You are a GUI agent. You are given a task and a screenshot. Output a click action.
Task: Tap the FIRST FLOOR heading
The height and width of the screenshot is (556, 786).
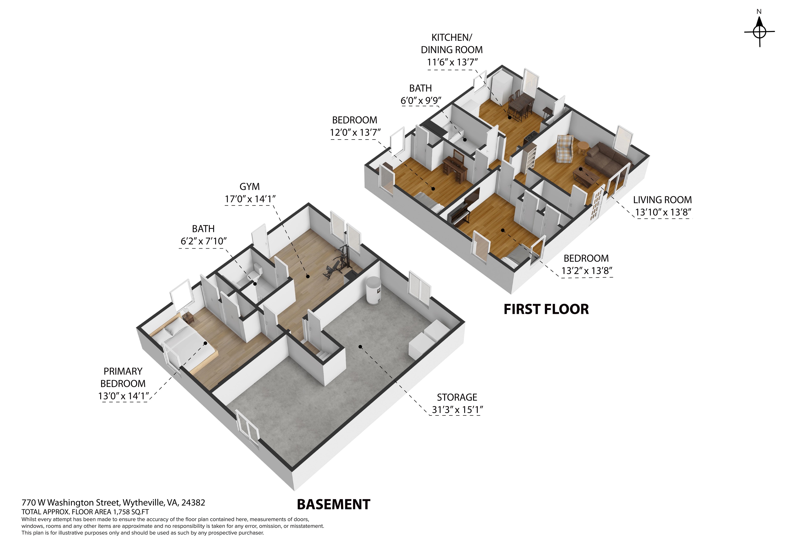tap(546, 309)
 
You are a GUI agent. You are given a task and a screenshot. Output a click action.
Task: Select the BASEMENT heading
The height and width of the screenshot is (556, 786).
tap(333, 504)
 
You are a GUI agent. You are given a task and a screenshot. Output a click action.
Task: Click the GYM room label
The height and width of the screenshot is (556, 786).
tap(249, 187)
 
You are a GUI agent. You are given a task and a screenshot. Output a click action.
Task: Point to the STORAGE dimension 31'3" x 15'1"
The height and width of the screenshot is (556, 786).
tap(457, 410)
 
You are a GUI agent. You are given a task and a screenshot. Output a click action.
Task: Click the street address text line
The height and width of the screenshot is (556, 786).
tap(113, 502)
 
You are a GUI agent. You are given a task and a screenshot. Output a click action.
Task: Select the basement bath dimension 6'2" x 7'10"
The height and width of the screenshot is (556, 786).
tap(204, 241)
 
